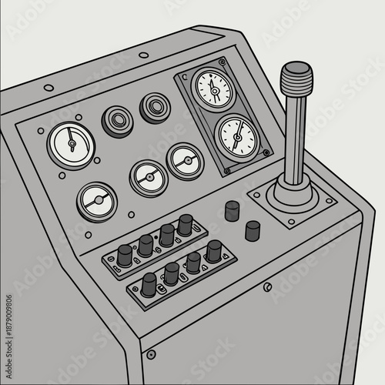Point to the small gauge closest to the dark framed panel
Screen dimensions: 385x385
pos(185,161)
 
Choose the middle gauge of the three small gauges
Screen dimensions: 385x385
pos(147,178)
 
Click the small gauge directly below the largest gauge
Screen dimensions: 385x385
pos(97,201)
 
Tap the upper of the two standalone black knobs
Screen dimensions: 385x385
pos(232,210)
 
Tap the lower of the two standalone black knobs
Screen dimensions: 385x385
pos(253,229)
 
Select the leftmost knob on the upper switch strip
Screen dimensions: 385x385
pos(125,256)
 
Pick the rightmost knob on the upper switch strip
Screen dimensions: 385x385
pos(185,225)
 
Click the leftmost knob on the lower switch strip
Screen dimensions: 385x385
pos(149,283)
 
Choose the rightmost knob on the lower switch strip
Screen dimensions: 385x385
pos(213,250)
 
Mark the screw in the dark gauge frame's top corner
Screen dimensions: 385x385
pos(222,60)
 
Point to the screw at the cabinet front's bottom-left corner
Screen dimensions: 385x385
pos(151,355)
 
